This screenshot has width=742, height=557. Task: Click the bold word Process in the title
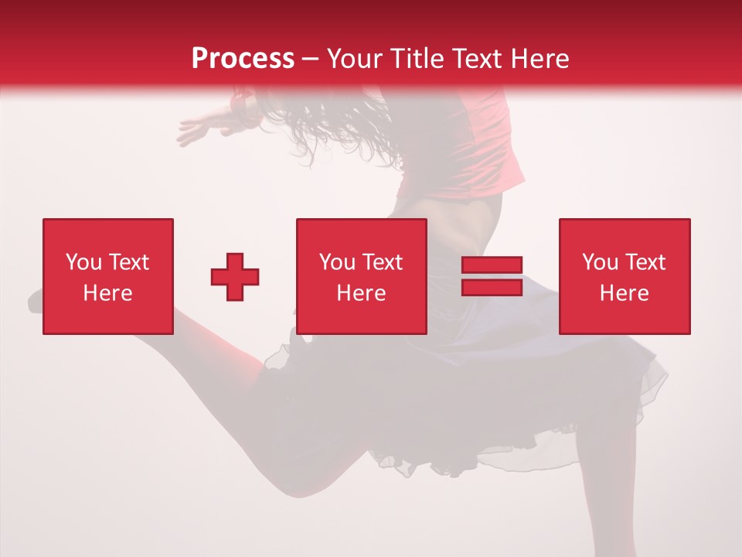243,59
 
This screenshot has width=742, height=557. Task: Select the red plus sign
235,276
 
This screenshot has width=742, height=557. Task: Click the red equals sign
492,276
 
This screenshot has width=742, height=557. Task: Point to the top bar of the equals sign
492,265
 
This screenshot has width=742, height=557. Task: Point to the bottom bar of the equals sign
492,287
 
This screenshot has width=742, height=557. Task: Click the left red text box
108,276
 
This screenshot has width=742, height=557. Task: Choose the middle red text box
362,276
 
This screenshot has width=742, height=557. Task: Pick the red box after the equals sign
625,276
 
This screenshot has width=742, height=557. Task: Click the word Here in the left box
108,293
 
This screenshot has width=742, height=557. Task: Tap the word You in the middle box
337,262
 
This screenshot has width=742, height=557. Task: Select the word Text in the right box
645,262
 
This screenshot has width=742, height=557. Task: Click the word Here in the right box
625,293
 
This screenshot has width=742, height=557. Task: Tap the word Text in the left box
129,262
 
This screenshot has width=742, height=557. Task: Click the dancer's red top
479,147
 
